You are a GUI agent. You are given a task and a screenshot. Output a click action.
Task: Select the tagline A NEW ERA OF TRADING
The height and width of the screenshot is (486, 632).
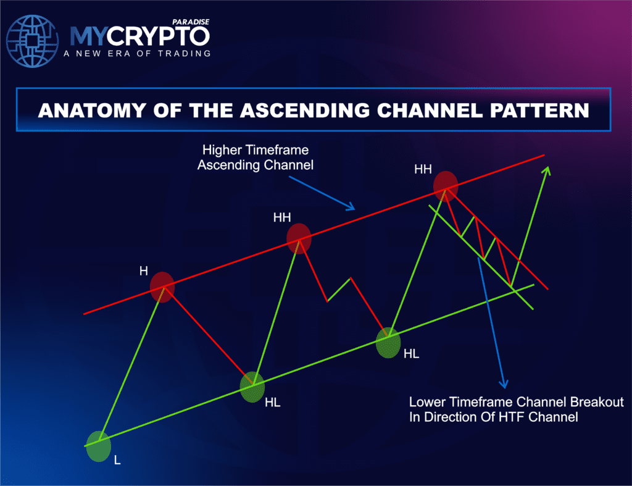click(136, 54)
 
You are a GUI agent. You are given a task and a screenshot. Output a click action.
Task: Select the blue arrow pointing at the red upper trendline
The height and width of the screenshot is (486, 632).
click(323, 191)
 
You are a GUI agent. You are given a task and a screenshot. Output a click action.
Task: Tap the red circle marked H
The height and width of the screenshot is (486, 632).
click(162, 286)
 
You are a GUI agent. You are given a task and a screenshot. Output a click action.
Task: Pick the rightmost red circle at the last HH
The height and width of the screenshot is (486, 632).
click(446, 185)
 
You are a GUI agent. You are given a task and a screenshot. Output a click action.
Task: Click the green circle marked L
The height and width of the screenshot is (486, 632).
click(98, 446)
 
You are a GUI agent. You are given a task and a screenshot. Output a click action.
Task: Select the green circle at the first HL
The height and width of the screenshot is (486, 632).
click(252, 387)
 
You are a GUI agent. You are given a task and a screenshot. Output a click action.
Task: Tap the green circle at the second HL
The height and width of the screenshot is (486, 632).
click(388, 343)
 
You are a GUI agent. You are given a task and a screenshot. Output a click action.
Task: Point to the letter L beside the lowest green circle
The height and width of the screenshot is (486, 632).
click(117, 460)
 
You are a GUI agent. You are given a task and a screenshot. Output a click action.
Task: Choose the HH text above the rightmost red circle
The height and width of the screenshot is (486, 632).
click(423, 168)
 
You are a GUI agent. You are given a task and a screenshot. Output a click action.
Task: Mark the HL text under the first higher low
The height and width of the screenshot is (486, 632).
click(272, 403)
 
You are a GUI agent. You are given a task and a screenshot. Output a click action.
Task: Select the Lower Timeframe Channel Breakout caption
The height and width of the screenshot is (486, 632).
click(516, 409)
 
